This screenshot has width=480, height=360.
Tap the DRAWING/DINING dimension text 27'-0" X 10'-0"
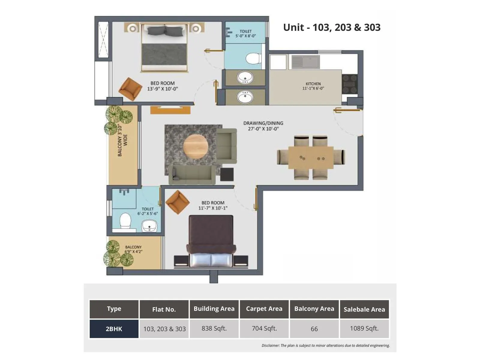[263, 129]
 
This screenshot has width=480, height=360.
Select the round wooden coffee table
[196, 147]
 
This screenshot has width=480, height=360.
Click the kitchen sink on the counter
[306, 62]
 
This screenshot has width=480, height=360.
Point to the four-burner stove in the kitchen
[349, 84]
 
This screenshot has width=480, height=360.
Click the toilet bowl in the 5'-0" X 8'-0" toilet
[253, 58]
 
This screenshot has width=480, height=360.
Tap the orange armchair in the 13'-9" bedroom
[130, 89]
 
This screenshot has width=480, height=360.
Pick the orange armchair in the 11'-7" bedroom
[178, 202]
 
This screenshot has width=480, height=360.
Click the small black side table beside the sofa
[227, 174]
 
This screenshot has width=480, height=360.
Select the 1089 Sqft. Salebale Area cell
[364, 328]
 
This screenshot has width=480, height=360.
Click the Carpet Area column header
[264, 309]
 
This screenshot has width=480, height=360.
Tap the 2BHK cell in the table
[114, 329]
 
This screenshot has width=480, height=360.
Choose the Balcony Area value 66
[314, 329]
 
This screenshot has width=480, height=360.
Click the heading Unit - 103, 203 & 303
[331, 27]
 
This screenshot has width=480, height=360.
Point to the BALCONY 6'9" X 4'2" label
[133, 249]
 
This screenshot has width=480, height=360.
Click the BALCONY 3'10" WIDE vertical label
[122, 140]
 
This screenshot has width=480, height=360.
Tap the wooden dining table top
[311, 157]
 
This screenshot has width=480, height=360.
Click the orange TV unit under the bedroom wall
[170, 110]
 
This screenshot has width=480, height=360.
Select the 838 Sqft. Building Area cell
[214, 328]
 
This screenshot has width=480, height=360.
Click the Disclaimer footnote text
[325, 346]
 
